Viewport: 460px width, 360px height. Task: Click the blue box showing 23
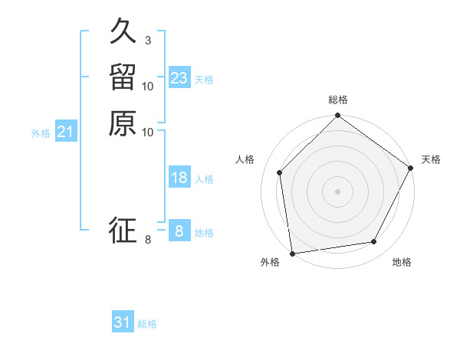(x=179, y=78)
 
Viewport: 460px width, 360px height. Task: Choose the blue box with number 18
(x=179, y=178)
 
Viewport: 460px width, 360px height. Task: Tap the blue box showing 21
(x=65, y=133)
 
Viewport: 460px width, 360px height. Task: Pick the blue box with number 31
(x=123, y=322)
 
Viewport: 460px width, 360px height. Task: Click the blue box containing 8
(x=179, y=231)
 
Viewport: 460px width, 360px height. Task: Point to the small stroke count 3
(x=147, y=41)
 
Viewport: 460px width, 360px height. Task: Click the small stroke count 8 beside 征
(x=147, y=240)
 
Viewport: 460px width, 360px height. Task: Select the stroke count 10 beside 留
(x=147, y=86)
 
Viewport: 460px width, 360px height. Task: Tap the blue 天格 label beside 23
(x=204, y=80)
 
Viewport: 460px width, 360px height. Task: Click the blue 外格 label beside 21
(x=41, y=133)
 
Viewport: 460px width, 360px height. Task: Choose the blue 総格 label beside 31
(x=147, y=324)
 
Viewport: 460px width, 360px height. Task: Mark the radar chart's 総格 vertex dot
(x=337, y=116)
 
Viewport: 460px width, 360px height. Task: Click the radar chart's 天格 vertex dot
(x=410, y=168)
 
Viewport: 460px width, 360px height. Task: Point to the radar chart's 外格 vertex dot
(x=292, y=252)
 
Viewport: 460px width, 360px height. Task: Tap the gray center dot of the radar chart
(x=337, y=191)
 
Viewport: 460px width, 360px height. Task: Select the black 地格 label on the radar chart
(x=402, y=263)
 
